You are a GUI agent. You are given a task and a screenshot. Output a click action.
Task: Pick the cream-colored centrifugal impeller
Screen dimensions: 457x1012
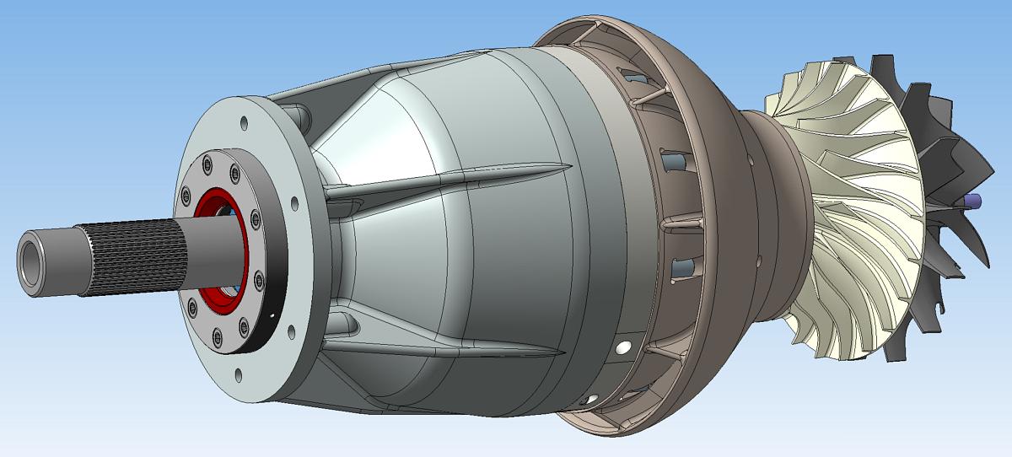[x=852, y=211]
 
